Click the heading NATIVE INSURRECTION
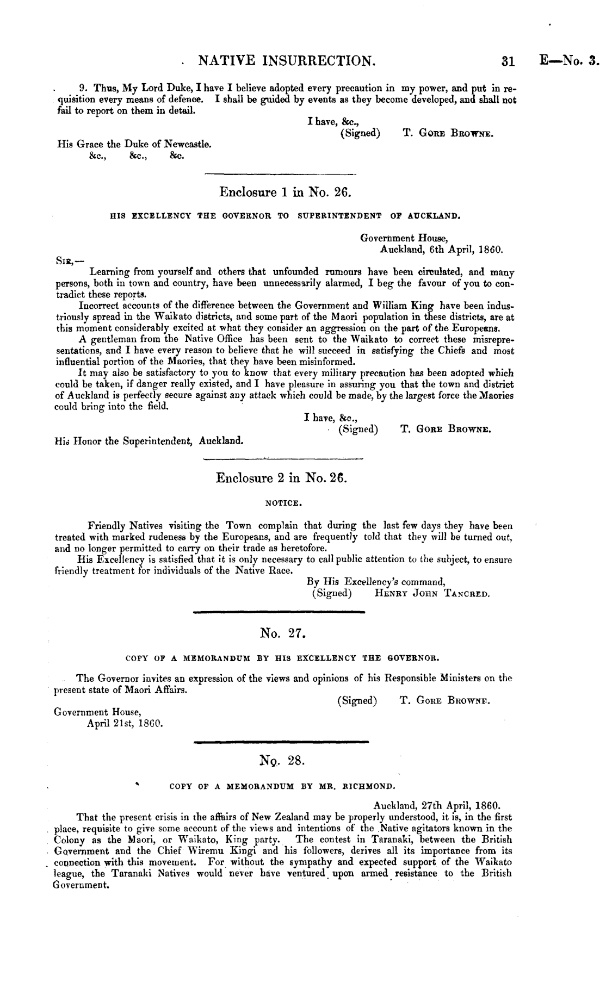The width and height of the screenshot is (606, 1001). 287,60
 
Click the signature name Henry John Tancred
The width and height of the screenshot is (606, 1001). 432,594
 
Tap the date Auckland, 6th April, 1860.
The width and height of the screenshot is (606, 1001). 441,251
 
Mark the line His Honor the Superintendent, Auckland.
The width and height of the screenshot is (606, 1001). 150,441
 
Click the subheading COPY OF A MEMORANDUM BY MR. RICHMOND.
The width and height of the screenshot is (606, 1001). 282,786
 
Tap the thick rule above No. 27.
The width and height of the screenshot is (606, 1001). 279,612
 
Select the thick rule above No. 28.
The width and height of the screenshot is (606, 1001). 281,741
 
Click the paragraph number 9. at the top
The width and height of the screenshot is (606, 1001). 84,88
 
